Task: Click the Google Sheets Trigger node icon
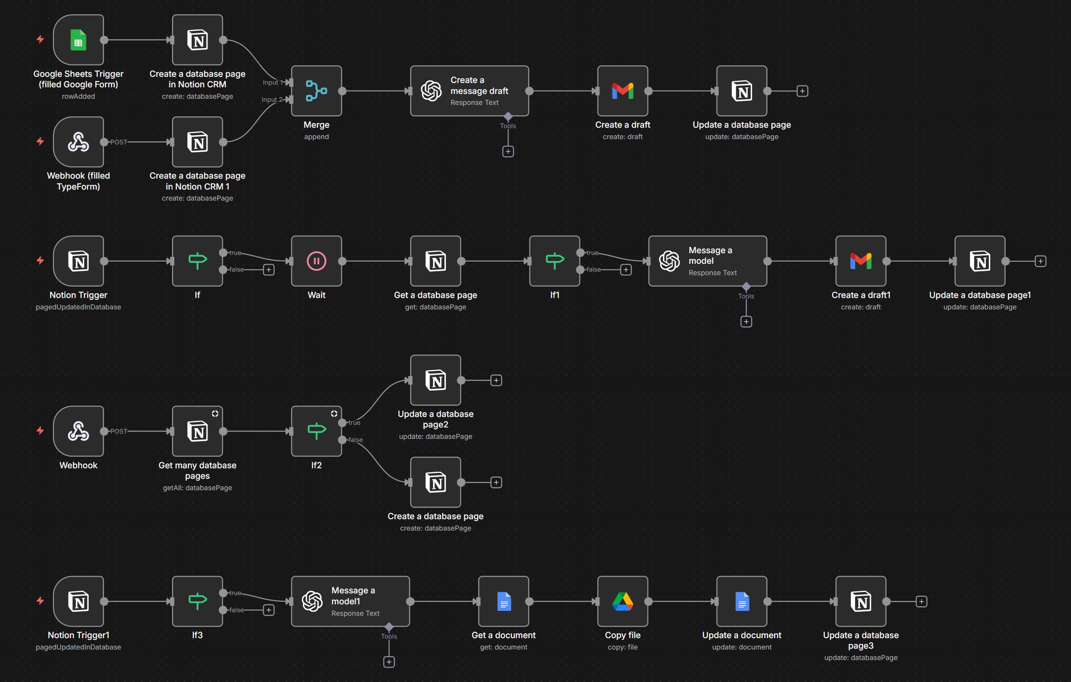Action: tap(78, 40)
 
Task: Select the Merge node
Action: tap(316, 91)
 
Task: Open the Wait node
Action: tap(316, 261)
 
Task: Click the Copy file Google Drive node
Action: tap(622, 602)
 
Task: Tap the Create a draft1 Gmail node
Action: tap(860, 261)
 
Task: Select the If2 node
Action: tap(316, 431)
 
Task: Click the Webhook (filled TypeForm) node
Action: tap(78, 142)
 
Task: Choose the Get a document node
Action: tap(504, 602)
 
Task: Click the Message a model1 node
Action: tap(351, 602)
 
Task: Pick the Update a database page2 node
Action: tap(435, 380)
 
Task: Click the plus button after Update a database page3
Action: tap(921, 602)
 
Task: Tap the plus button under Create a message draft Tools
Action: tap(508, 152)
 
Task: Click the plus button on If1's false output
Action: tap(626, 269)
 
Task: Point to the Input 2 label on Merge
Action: tap(271, 100)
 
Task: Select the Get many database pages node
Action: tap(197, 431)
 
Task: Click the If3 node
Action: tap(197, 602)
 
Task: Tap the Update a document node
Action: tap(741, 602)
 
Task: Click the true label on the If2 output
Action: tap(355, 423)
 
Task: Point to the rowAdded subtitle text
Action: tap(78, 96)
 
